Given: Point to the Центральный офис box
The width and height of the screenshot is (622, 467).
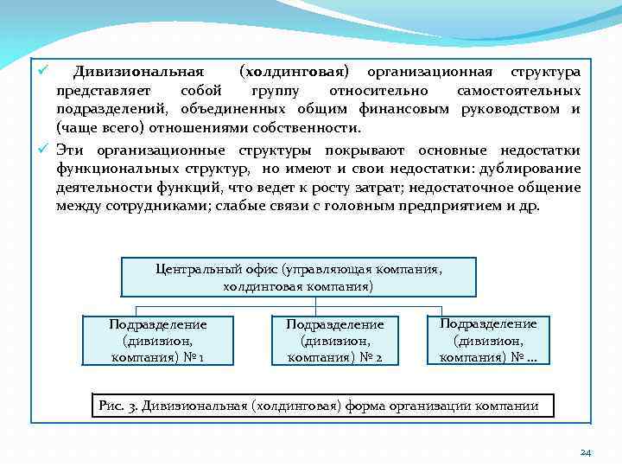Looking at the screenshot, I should (299, 277).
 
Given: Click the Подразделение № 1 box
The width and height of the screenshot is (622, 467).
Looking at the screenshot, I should (157, 340).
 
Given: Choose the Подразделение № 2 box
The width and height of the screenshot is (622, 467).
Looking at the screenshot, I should (334, 340).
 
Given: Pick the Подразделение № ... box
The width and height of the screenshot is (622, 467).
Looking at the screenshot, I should (488, 339).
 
